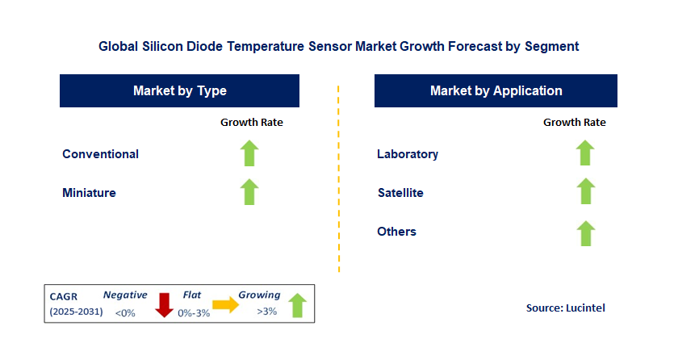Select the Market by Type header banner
(x=179, y=91)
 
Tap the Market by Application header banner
(x=496, y=91)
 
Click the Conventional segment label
(x=100, y=154)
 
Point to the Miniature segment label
(x=89, y=193)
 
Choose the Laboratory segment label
(x=408, y=154)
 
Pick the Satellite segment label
(x=400, y=193)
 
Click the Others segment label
(x=396, y=232)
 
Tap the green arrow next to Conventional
(x=249, y=153)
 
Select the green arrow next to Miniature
(x=249, y=192)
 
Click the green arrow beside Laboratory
(x=585, y=153)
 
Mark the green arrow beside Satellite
(x=585, y=192)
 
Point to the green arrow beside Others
(x=585, y=232)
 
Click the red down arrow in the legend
(x=164, y=304)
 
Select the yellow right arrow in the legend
(x=225, y=305)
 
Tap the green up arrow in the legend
(x=298, y=305)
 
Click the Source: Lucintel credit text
(x=565, y=308)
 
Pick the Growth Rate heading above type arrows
(x=252, y=123)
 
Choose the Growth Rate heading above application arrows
(x=574, y=123)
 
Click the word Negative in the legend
(x=125, y=295)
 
